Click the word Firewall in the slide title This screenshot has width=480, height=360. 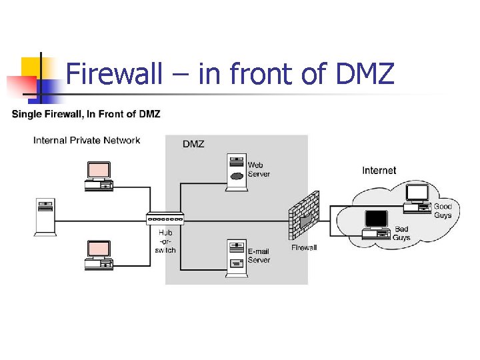point(115,73)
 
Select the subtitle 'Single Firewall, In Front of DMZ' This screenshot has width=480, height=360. point(86,114)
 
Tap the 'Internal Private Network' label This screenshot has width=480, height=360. point(87,140)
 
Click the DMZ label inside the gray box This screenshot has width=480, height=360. point(194,143)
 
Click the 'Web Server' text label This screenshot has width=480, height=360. point(259,169)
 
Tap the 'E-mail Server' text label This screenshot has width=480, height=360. point(259,255)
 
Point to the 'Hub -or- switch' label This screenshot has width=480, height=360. point(165,241)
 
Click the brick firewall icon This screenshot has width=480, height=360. point(304,216)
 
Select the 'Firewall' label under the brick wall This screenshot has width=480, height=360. point(304,247)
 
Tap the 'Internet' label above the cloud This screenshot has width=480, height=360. point(379,171)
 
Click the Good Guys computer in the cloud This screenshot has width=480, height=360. point(419,197)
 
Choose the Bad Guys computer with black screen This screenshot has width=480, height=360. point(375,224)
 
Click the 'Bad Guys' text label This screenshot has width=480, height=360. point(401,233)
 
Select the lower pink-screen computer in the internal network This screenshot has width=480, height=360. point(99,255)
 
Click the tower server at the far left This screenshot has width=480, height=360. point(45,216)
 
